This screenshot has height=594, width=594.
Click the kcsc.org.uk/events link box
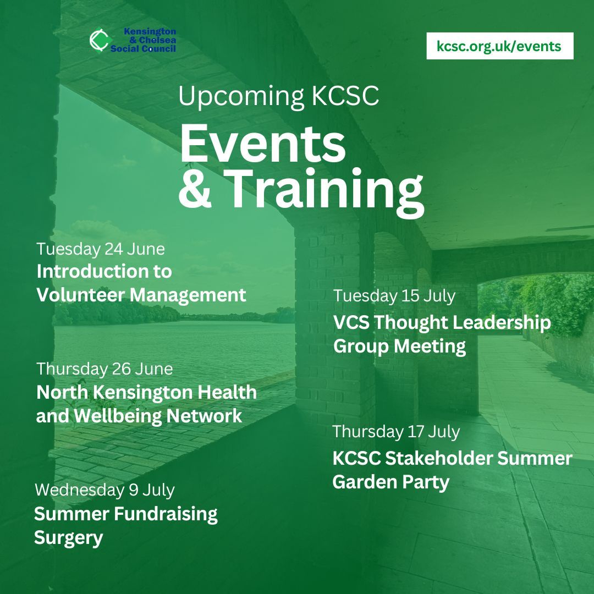(x=499, y=46)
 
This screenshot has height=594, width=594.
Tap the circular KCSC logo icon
(x=99, y=41)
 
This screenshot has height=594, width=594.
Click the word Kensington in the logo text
(x=150, y=32)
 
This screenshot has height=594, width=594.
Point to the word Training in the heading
(x=325, y=190)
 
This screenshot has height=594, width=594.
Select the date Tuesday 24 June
(x=101, y=249)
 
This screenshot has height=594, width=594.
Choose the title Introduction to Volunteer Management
(x=141, y=283)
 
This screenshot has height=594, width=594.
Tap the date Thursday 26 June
(x=105, y=369)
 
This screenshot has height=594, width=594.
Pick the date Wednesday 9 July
(x=105, y=490)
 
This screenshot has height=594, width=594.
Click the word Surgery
(x=68, y=538)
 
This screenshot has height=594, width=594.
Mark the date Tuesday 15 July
(x=394, y=296)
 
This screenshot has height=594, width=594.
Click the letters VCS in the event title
(x=351, y=323)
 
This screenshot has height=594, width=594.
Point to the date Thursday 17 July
(x=396, y=432)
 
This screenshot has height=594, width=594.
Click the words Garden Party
(x=391, y=482)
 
